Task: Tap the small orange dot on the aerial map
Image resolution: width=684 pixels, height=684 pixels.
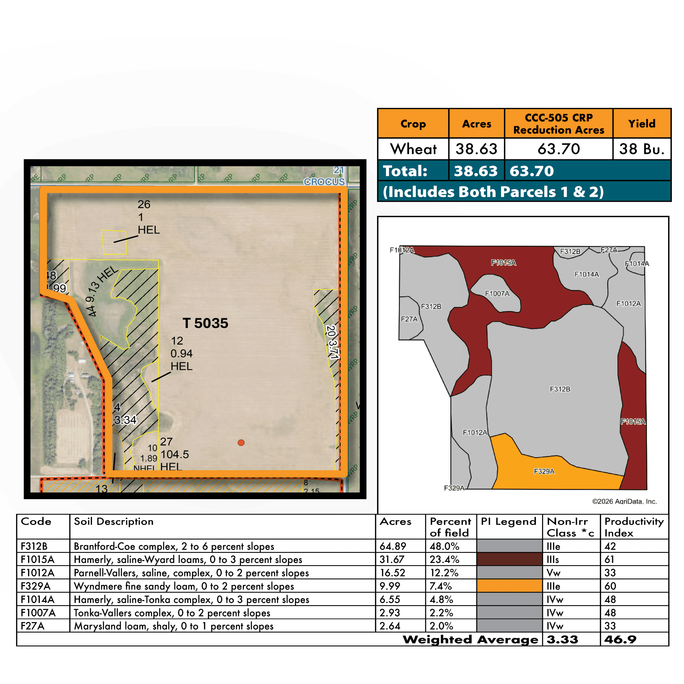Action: (241, 442)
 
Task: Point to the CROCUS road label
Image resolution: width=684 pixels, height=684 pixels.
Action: (324, 182)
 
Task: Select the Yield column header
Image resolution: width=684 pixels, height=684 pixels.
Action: (642, 123)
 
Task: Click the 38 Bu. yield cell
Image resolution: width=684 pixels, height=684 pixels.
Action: (642, 149)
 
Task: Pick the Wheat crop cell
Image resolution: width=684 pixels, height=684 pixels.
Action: (413, 149)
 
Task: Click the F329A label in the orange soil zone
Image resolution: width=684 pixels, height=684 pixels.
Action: (544, 471)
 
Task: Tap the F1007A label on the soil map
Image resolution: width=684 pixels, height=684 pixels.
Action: (497, 293)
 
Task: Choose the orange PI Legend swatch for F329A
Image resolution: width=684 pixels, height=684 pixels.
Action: (509, 586)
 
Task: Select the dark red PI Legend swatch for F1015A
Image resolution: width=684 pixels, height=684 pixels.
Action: (509, 559)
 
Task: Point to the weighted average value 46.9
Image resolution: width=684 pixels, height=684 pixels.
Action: (620, 639)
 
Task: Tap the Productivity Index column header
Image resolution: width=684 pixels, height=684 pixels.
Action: (634, 527)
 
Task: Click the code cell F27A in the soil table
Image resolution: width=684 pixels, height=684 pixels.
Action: (33, 626)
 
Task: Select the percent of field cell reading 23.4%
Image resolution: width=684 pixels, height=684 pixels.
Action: (444, 559)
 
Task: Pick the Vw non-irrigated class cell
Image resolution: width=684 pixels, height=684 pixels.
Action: (553, 573)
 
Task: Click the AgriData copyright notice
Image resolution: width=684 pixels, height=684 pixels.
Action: (624, 501)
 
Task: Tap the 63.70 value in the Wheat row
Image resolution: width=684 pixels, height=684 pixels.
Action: (558, 149)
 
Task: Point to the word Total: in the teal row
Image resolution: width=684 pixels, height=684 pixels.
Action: (405, 171)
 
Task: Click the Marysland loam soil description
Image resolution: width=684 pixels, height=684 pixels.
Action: (173, 626)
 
